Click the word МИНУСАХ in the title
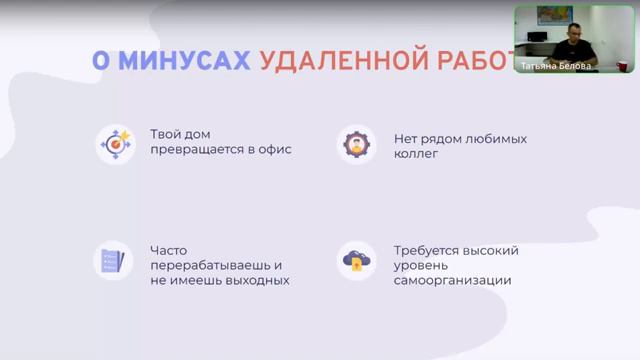(x=183, y=60)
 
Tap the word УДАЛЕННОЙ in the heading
(x=338, y=60)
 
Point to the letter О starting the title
(x=100, y=60)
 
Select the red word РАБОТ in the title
(x=470, y=60)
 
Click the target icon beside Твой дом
(x=115, y=145)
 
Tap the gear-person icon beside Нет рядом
(x=356, y=145)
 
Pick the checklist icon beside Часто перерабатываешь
(x=111, y=262)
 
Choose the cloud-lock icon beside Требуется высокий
(x=356, y=262)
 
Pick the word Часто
(x=169, y=249)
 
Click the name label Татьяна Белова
(x=556, y=66)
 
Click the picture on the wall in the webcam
(x=549, y=15)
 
